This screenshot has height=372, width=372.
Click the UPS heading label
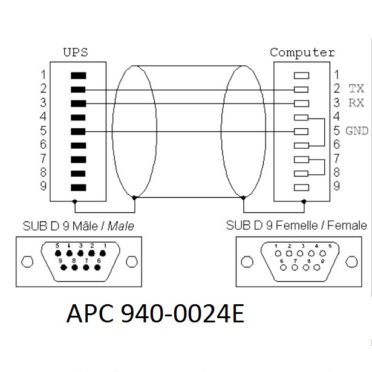(76, 52)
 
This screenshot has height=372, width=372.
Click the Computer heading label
(302, 52)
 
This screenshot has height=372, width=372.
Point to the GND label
(356, 131)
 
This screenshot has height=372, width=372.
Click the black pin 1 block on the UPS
(78, 76)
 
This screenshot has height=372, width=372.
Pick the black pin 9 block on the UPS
(78, 187)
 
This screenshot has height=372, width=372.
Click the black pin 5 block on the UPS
(78, 131)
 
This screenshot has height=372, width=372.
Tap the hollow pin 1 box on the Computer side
(301, 76)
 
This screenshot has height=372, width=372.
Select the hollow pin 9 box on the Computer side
(301, 187)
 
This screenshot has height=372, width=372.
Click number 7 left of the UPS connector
(44, 158)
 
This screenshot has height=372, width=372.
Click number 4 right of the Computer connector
(336, 116)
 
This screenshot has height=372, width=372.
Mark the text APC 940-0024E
(154, 315)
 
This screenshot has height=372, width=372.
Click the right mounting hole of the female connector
(351, 261)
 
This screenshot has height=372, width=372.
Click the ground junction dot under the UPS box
(74, 201)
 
